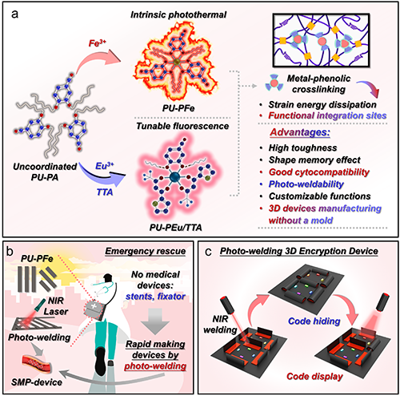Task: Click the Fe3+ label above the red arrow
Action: click(97, 42)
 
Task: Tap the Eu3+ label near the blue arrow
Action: click(105, 166)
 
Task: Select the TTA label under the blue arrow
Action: click(105, 192)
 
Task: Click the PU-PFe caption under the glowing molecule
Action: click(178, 108)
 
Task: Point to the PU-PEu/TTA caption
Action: click(175, 228)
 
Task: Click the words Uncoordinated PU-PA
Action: click(45, 172)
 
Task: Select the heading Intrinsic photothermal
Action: click(178, 14)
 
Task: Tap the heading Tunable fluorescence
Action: click(182, 126)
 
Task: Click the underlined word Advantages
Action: click(300, 132)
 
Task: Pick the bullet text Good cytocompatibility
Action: click(319, 172)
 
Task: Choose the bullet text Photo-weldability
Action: click(306, 184)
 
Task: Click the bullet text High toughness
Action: click(302, 147)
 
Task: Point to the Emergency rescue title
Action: click(146, 251)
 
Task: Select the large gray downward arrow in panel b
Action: click(155, 321)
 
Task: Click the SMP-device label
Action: click(37, 382)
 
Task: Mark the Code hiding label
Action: click(314, 321)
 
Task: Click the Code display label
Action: click(314, 376)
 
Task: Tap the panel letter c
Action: click(209, 252)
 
